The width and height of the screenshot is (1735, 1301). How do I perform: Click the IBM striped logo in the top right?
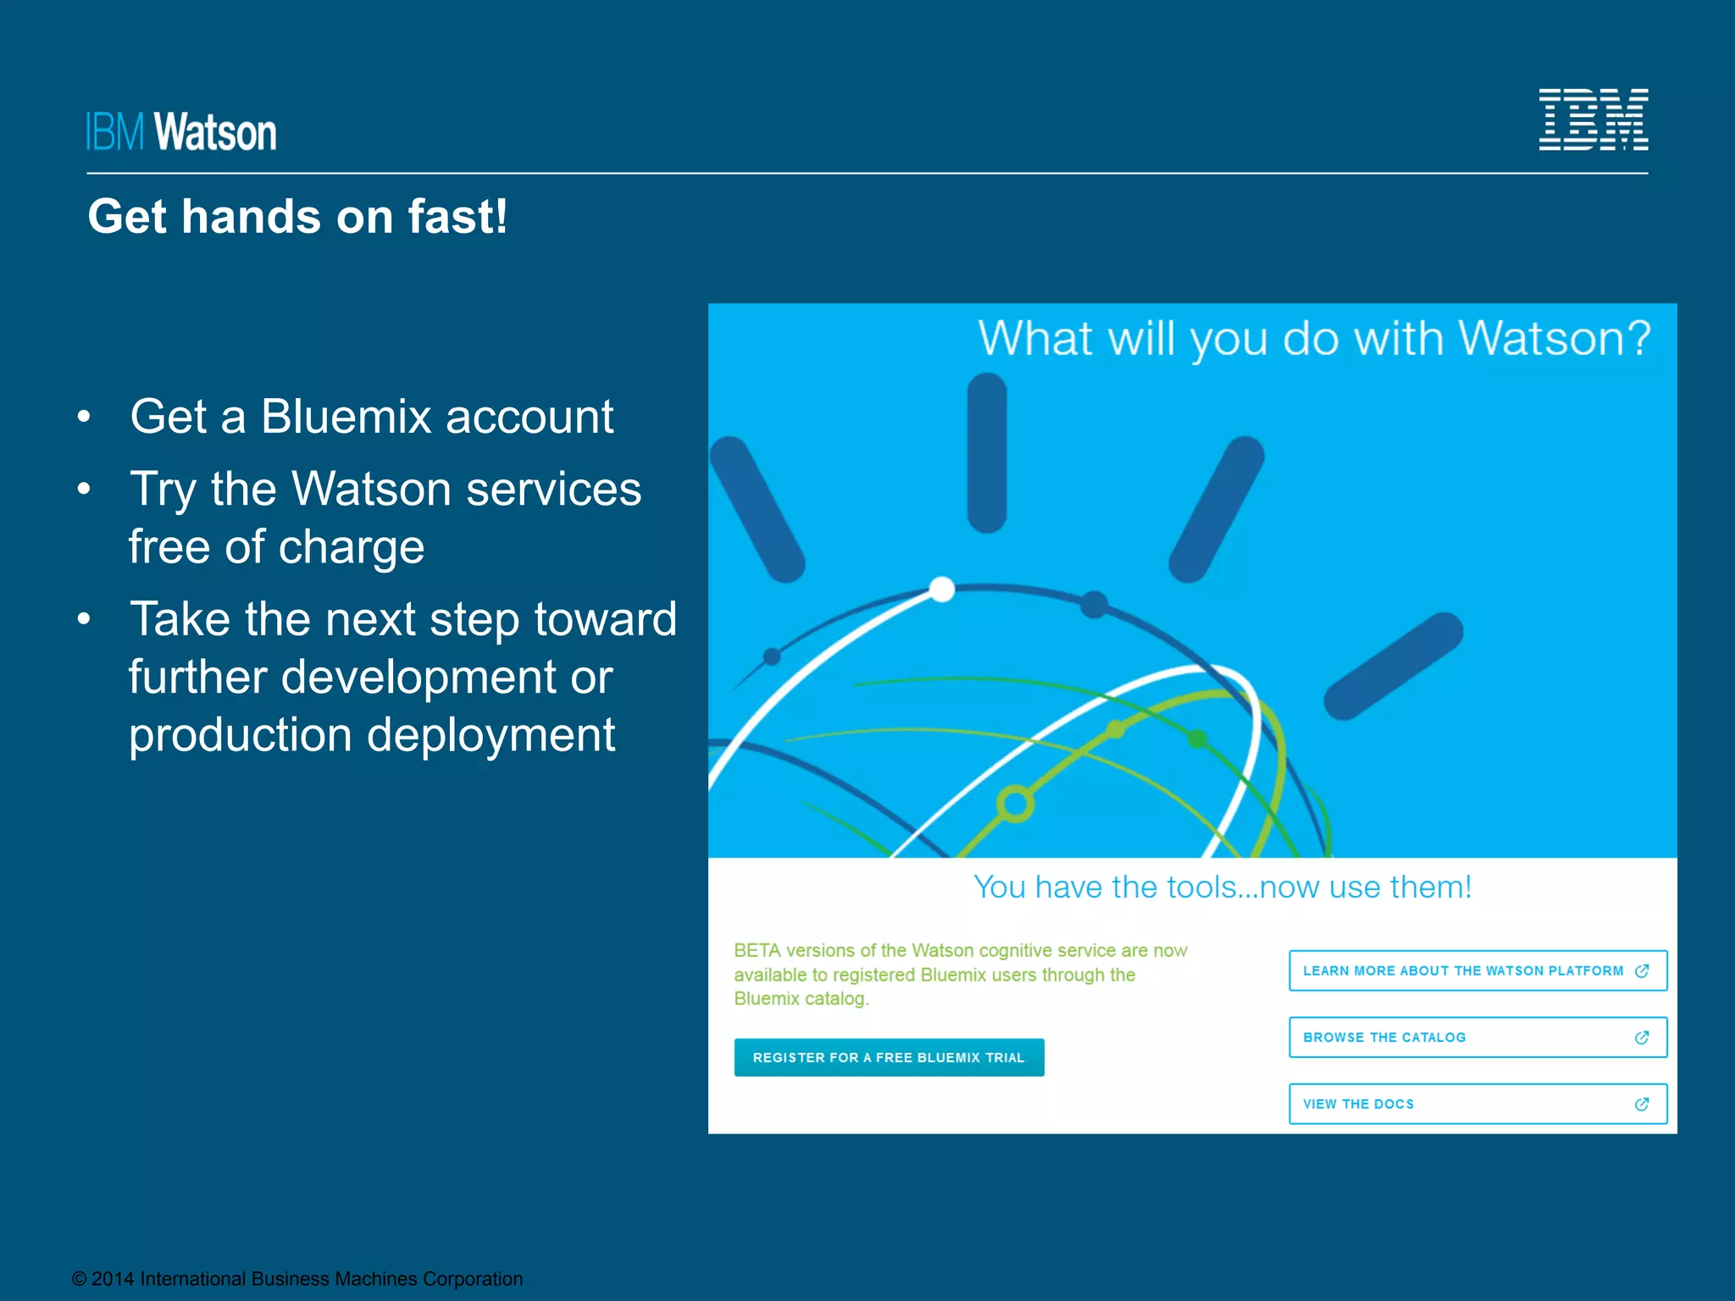[1593, 119]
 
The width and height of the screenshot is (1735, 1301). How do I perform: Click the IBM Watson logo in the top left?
[181, 132]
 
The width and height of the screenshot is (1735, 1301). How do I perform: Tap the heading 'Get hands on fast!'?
[297, 217]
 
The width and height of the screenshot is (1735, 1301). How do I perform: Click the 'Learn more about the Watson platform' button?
[1477, 971]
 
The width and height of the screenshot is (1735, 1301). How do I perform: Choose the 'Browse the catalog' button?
[1477, 1038]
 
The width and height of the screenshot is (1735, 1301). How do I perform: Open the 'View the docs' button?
[1477, 1104]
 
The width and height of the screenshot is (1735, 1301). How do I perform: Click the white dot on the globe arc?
[942, 589]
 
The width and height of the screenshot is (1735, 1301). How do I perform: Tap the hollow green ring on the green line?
[1015, 804]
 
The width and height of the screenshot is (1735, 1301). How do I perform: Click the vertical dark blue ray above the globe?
[987, 453]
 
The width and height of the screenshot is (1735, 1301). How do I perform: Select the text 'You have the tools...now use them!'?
[1222, 888]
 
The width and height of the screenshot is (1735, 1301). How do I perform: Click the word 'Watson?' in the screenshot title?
[1555, 339]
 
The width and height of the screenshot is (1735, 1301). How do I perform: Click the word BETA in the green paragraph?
[757, 950]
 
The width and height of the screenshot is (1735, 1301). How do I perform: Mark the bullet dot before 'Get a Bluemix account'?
[83, 417]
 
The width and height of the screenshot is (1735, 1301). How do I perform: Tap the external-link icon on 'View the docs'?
[1642, 1104]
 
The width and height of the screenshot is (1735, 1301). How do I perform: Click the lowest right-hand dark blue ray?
[1394, 667]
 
